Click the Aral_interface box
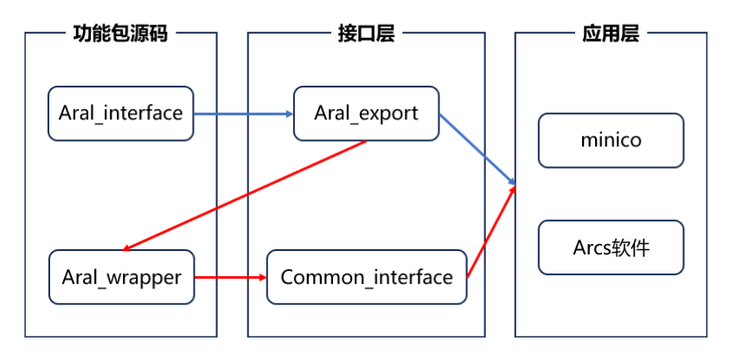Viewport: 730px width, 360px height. tap(121, 113)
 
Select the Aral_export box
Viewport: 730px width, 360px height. tap(366, 113)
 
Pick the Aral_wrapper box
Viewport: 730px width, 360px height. tap(121, 277)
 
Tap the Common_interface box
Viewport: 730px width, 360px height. tap(367, 277)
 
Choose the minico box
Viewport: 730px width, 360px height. tap(611, 139)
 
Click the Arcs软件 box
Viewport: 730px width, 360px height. tap(611, 248)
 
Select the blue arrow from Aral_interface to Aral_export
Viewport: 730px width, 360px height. tap(242, 113)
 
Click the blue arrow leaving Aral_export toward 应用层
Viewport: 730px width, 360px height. tap(477, 149)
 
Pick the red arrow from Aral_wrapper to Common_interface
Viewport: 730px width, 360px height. tap(229, 277)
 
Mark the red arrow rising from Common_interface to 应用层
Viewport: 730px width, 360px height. tap(491, 230)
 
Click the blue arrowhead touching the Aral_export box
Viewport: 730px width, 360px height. tap(288, 113)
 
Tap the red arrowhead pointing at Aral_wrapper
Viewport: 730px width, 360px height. tap(131, 247)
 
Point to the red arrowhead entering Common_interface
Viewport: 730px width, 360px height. tap(261, 277)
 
